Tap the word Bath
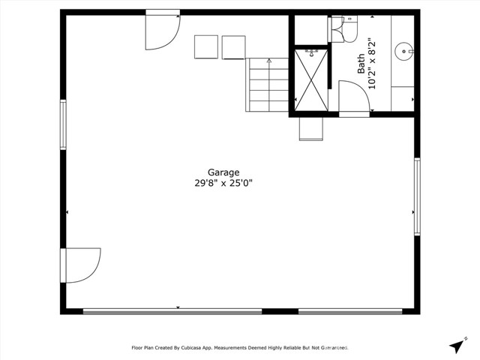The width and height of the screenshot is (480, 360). pos(361,63)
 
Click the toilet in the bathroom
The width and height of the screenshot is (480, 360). pos(339,28)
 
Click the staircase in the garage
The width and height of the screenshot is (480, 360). pos(268,85)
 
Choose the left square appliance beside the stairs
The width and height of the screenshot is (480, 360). pos(206,46)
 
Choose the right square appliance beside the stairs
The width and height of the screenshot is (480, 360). pos(233,46)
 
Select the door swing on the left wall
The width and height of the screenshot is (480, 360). pos(80,265)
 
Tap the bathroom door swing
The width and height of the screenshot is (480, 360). pos(352,97)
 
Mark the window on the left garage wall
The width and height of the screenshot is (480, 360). pos(64,124)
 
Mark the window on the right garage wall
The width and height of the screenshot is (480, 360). pos(417,196)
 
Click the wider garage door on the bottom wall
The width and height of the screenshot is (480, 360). pos(172,311)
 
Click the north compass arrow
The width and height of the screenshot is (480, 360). pos(456,346)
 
